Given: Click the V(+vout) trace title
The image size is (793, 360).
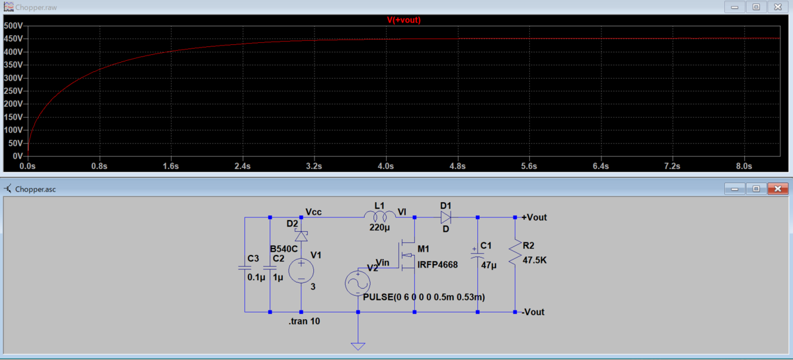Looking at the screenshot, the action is pyautogui.click(x=404, y=20).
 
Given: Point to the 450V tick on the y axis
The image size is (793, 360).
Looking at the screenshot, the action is pyautogui.click(x=13, y=38).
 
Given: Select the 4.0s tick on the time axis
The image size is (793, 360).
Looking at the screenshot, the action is pyautogui.click(x=385, y=166).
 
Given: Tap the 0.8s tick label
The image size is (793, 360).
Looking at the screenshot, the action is pyautogui.click(x=99, y=166).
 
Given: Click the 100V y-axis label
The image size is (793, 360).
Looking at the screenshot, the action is pyautogui.click(x=13, y=130).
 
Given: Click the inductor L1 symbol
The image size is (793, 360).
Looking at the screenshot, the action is pyautogui.click(x=380, y=215).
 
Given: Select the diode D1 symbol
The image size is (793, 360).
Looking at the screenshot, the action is pyautogui.click(x=445, y=217).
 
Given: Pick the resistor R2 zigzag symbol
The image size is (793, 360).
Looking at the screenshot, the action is pyautogui.click(x=515, y=252).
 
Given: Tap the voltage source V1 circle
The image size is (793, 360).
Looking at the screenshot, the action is pyautogui.click(x=301, y=271).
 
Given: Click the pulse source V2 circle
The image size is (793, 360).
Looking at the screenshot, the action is pyautogui.click(x=358, y=283).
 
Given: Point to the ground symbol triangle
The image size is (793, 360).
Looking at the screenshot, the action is pyautogui.click(x=358, y=346).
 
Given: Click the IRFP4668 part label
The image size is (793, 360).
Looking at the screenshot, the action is pyautogui.click(x=437, y=265).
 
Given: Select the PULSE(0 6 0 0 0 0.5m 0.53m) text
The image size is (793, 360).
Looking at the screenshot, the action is pyautogui.click(x=424, y=297).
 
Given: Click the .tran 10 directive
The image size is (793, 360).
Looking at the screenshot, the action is pyautogui.click(x=304, y=322).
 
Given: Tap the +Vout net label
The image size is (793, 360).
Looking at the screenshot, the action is pyautogui.click(x=534, y=217).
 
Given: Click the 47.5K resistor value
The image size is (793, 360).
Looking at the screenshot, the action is pyautogui.click(x=535, y=260).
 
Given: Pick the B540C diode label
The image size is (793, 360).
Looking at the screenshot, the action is pyautogui.click(x=283, y=249).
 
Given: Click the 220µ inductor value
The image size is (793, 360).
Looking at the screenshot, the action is pyautogui.click(x=379, y=228).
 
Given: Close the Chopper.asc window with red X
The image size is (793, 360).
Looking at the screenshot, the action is pyautogui.click(x=778, y=189).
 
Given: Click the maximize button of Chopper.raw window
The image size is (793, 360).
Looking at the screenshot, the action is pyautogui.click(x=756, y=7).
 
